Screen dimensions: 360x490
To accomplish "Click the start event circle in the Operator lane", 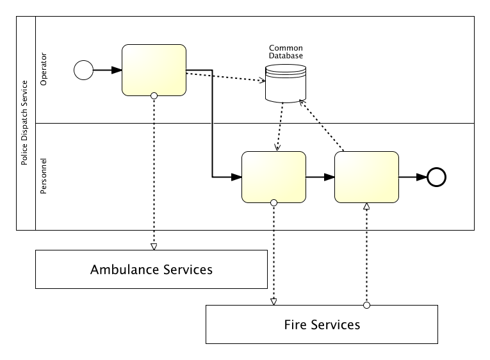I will [x=84, y=70].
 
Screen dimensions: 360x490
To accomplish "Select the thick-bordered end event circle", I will [x=436, y=177].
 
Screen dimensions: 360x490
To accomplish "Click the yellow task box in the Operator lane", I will [x=154, y=70].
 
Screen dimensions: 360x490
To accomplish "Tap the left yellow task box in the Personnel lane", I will [x=274, y=177].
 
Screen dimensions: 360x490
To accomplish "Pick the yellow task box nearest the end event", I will [x=366, y=177].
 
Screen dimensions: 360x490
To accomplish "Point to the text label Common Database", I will [x=286, y=52].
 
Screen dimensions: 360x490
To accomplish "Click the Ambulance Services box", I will [x=151, y=269].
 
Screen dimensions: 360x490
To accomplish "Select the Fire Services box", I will [x=322, y=324].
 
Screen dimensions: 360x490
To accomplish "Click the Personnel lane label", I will [x=44, y=176].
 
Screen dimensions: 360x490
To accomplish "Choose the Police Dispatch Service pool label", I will [x=24, y=123].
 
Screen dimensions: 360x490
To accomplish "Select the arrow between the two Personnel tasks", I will [x=320, y=177].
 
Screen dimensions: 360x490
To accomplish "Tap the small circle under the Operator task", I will [x=154, y=95].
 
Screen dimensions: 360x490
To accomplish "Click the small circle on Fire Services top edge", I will [x=366, y=305].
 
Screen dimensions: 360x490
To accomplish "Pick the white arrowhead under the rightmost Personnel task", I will [x=366, y=206].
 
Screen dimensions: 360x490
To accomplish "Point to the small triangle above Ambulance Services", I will [x=154, y=247].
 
